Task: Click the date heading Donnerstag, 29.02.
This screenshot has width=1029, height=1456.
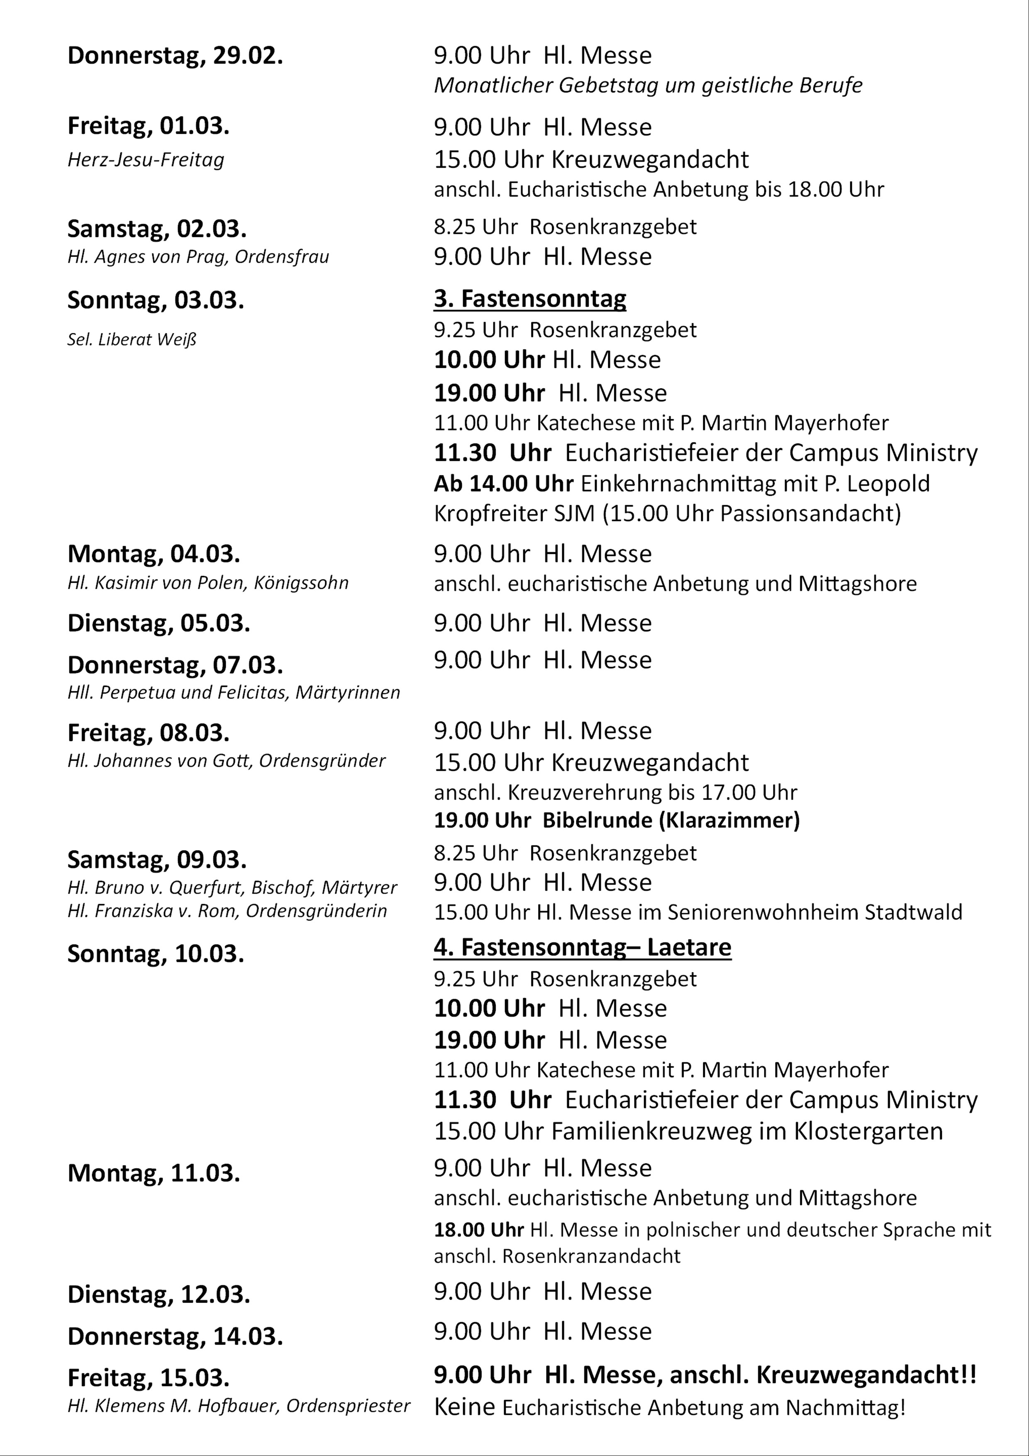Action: [175, 56]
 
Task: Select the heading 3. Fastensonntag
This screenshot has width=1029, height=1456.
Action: [530, 298]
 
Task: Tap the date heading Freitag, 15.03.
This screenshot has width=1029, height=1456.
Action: [149, 1378]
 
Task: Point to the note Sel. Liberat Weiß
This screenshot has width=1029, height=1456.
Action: [132, 340]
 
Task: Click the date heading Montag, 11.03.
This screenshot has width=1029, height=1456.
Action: [154, 1173]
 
